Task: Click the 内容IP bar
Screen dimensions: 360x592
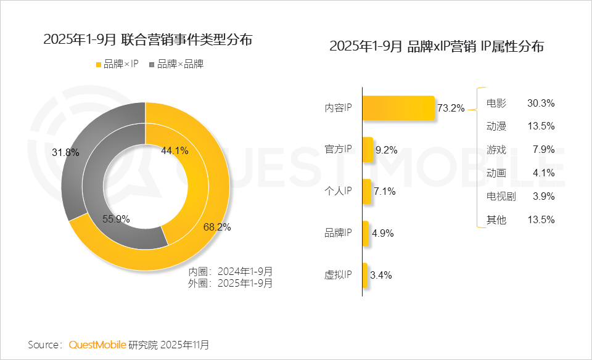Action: [x=398, y=108]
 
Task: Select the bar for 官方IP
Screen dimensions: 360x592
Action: [x=368, y=150]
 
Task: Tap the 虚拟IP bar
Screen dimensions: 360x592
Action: [x=364, y=275]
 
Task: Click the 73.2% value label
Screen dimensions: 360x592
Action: [x=450, y=108]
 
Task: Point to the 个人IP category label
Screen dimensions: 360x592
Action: [x=338, y=191]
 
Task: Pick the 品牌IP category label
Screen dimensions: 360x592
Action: [x=338, y=233]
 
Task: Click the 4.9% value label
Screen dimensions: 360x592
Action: [x=383, y=233]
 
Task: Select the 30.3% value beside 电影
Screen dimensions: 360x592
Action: [x=541, y=103]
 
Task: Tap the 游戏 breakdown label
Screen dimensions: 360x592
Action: [x=496, y=150]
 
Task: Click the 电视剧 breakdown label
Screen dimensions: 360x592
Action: [x=499, y=197]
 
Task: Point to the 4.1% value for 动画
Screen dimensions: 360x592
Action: [x=544, y=173]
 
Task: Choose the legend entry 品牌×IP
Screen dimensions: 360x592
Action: [x=117, y=64]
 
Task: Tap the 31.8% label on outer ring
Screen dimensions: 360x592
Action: [x=65, y=152]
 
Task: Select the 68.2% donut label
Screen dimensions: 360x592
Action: [x=217, y=227]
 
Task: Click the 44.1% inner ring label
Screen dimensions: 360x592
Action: [x=175, y=150]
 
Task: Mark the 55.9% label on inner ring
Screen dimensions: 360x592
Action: [x=116, y=218]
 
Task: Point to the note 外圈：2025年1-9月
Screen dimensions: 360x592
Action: [x=230, y=284]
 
